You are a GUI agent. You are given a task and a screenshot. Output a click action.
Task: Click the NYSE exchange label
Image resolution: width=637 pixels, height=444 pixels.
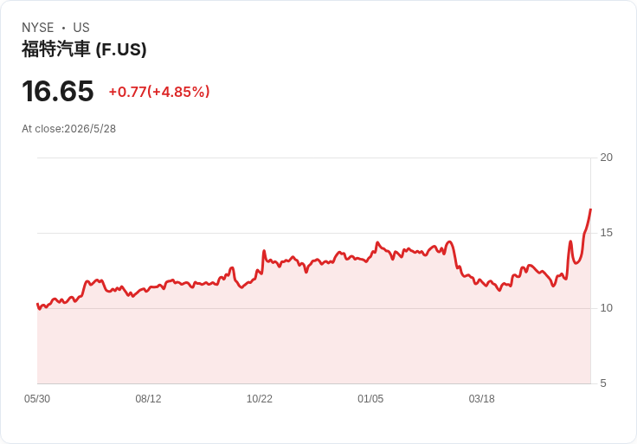(x=37, y=28)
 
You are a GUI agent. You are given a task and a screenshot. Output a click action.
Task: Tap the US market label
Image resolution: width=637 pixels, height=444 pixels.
(x=81, y=28)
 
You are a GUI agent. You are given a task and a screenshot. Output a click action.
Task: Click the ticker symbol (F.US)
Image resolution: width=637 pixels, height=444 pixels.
(x=121, y=49)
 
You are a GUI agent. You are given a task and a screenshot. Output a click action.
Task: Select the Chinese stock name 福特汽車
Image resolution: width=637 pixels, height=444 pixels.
(x=55, y=49)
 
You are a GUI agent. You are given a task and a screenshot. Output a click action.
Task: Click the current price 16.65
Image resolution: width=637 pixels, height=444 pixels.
(x=58, y=91)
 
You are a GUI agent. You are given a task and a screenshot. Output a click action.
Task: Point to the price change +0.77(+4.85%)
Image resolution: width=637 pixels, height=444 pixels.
(x=159, y=92)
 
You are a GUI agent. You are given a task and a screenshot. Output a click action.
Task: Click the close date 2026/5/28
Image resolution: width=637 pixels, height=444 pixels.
(x=90, y=129)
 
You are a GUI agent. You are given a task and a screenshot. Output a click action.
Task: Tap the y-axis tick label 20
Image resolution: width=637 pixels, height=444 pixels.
(x=606, y=158)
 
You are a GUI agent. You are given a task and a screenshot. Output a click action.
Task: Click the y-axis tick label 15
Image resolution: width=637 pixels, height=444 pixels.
(x=606, y=233)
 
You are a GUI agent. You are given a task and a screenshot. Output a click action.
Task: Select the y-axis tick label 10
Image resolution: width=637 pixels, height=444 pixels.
(x=606, y=308)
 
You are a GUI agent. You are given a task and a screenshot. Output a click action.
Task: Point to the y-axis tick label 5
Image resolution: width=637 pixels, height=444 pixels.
(x=603, y=383)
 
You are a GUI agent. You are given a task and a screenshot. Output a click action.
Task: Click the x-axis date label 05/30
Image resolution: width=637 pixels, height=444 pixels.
(x=37, y=399)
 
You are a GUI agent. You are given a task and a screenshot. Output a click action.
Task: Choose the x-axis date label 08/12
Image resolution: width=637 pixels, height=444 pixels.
(x=148, y=399)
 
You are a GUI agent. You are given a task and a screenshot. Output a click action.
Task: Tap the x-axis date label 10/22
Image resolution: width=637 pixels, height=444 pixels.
(x=259, y=399)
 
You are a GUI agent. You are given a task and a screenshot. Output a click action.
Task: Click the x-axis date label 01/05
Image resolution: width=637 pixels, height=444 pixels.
(x=370, y=399)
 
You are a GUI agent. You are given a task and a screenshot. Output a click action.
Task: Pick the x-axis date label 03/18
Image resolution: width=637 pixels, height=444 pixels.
(x=481, y=399)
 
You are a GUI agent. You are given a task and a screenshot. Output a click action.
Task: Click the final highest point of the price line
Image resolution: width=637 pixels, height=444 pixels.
(x=590, y=209)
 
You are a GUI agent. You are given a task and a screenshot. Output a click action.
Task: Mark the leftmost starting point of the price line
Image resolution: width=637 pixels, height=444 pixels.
(x=37, y=304)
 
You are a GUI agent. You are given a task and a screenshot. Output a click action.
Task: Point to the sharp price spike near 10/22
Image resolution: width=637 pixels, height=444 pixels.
(x=264, y=251)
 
